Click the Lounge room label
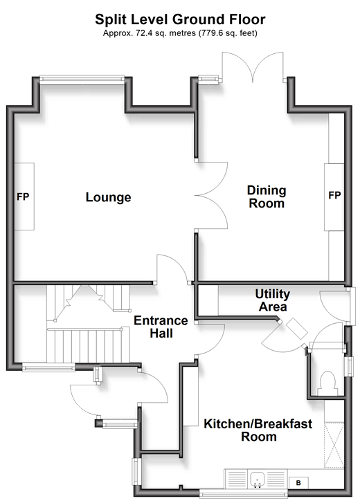[108, 197]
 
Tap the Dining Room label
[267, 196]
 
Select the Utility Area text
[273, 300]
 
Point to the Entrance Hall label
[161, 327]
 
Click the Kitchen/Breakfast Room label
[258, 430]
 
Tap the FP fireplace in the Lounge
[24, 196]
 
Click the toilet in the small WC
[327, 383]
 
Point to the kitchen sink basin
[257, 480]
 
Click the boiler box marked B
[298, 483]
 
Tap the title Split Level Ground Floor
[180, 19]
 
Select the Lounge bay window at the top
[82, 80]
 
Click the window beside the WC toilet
[349, 366]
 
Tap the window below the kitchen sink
[244, 494]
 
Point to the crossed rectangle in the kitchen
[334, 446]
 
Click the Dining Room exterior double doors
[253, 66]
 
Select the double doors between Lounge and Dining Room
[211, 196]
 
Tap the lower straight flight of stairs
[88, 345]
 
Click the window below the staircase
[48, 367]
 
